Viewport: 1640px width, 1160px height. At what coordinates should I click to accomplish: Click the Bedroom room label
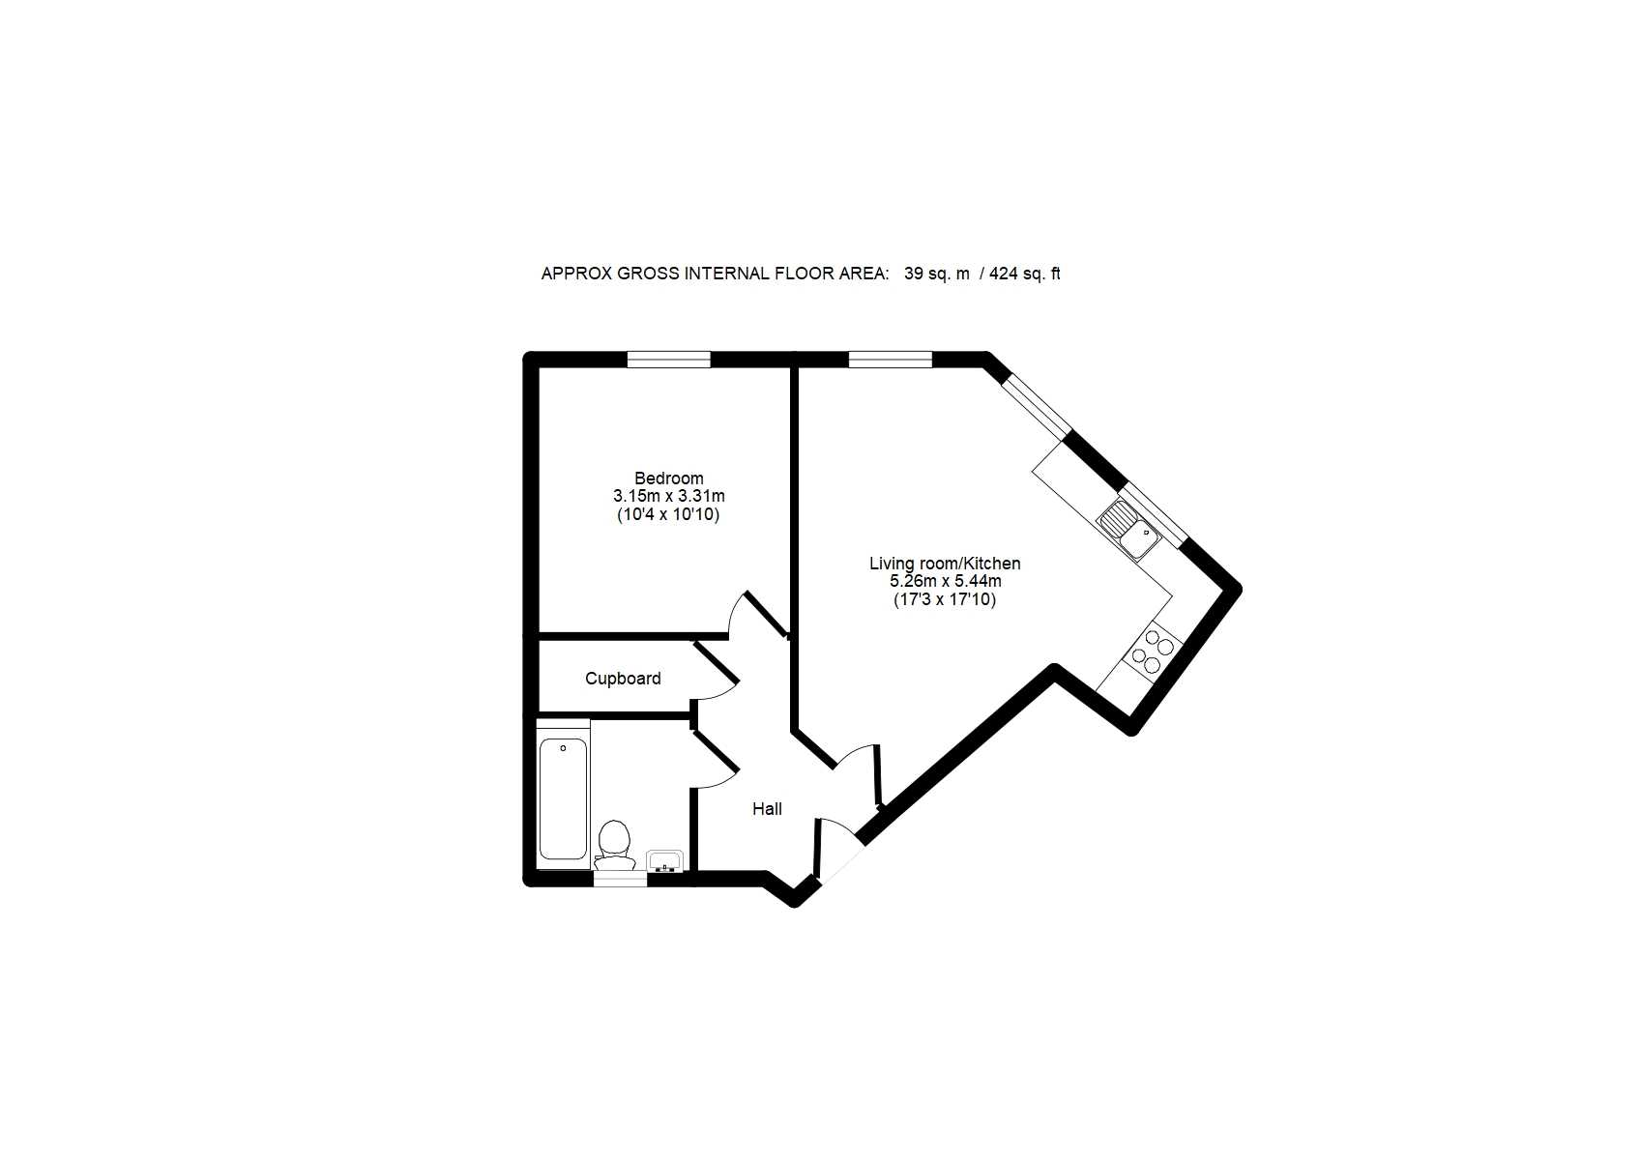coord(668,478)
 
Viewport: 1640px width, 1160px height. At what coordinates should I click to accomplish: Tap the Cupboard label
coord(623,680)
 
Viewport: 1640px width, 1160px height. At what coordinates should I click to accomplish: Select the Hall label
coord(767,809)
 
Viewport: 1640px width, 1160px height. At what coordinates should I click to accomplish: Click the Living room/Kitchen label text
coord(945,564)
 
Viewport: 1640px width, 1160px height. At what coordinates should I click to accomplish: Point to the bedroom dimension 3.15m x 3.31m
coord(668,496)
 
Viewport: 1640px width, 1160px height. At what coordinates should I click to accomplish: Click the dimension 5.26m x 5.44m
coord(945,581)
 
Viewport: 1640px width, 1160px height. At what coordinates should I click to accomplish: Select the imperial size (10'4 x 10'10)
coord(668,514)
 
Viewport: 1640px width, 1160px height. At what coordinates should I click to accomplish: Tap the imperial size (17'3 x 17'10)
coord(945,600)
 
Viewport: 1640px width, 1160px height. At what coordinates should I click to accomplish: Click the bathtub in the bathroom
coord(563,798)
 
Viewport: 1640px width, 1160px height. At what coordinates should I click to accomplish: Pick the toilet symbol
coord(613,844)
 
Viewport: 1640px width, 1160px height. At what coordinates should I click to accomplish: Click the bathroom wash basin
coord(664,860)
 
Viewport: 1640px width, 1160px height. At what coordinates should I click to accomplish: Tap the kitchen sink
coord(1128,530)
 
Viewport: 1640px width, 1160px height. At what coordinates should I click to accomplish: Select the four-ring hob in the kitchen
coord(1152,652)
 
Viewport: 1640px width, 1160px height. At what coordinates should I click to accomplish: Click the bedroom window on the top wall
coord(668,359)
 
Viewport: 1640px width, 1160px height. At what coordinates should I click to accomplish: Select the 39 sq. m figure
coord(936,274)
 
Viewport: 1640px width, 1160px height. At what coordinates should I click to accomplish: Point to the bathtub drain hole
coord(563,748)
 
